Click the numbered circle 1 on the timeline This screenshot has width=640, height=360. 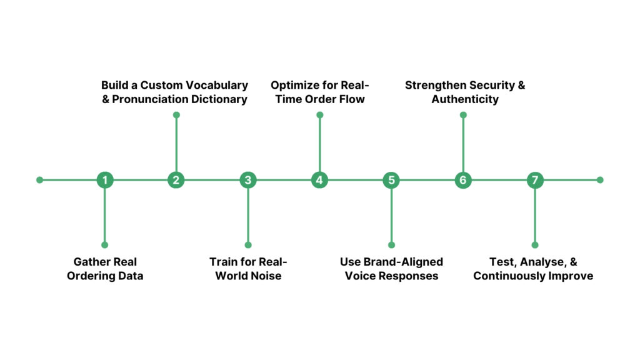point(105,180)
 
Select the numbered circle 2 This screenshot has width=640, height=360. point(176,180)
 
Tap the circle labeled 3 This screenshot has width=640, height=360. point(248,180)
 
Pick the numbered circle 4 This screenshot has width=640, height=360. point(319,180)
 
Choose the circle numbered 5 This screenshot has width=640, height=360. point(391,180)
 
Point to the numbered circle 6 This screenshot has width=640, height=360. point(462,180)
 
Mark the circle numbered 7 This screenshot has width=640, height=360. point(534,180)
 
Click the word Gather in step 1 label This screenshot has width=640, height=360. point(92,262)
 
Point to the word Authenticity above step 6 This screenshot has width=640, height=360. point(464,99)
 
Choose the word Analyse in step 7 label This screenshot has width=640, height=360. point(542,262)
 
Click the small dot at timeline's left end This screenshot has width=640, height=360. point(40,180)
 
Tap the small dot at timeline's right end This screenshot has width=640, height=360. point(600,180)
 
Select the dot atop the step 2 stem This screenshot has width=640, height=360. point(176,115)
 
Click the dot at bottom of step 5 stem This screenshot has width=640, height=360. point(391,245)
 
